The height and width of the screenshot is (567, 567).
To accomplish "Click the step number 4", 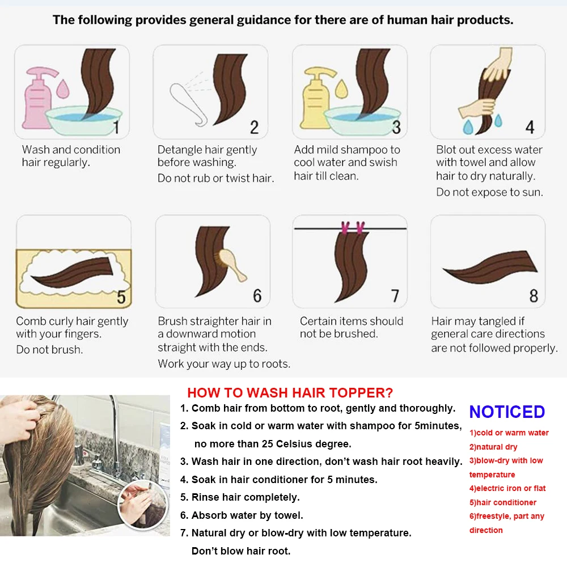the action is point(530,127).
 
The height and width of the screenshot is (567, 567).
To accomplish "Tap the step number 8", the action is point(534,296).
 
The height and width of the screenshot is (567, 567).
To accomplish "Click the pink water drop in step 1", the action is point(63,88).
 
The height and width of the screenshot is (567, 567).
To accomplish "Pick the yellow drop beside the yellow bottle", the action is point(341,88).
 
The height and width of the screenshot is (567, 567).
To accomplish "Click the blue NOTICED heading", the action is point(507,412).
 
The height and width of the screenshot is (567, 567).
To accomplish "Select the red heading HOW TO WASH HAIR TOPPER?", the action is point(290,393).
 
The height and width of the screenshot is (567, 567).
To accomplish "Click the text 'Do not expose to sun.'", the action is point(490,192).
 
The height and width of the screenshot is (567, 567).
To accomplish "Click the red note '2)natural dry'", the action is point(493,447).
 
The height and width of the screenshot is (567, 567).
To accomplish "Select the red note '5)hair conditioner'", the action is point(502,502).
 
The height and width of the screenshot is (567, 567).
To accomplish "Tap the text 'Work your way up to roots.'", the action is point(224,364).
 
